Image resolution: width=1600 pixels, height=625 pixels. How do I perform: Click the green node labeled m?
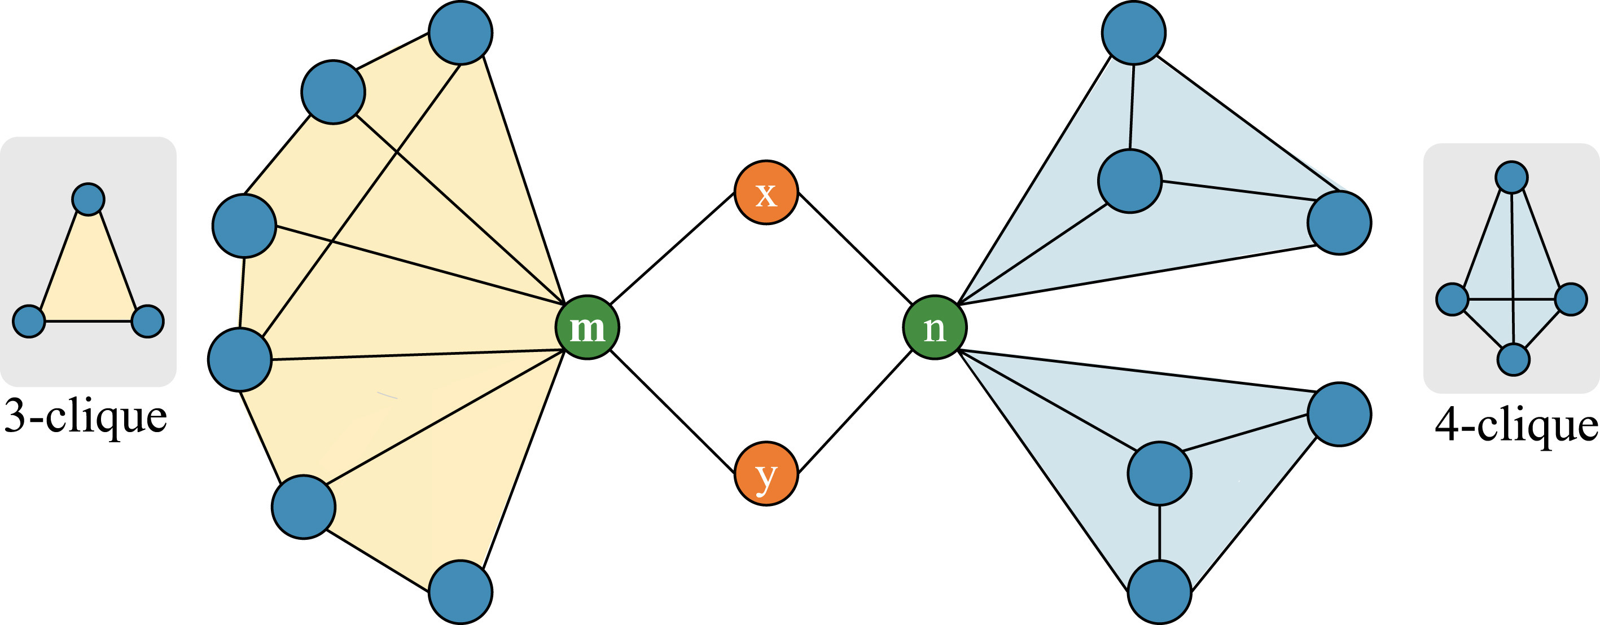click(x=587, y=327)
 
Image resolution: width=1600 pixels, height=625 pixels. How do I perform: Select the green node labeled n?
click(x=934, y=327)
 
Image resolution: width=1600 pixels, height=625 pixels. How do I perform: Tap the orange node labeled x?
click(x=766, y=192)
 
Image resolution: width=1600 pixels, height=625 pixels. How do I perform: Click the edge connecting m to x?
click(x=673, y=249)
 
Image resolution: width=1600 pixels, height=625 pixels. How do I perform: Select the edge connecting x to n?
click(x=854, y=249)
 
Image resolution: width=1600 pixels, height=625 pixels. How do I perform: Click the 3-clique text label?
click(x=86, y=417)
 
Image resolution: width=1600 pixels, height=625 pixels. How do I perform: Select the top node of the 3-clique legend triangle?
click(x=88, y=199)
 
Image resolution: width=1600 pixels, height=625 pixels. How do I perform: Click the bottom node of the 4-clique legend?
click(x=1513, y=359)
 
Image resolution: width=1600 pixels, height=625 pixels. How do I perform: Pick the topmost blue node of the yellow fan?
click(x=461, y=32)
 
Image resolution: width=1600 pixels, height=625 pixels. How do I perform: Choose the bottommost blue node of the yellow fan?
click(x=461, y=592)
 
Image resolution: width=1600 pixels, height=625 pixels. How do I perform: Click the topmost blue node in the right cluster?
click(x=1133, y=32)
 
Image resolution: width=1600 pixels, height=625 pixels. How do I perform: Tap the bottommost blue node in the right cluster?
click(x=1159, y=592)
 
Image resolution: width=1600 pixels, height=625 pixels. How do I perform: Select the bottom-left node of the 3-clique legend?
click(x=29, y=321)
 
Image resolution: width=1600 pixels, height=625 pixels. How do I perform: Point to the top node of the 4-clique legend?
click(x=1511, y=178)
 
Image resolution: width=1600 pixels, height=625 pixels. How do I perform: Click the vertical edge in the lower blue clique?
click(x=1159, y=532)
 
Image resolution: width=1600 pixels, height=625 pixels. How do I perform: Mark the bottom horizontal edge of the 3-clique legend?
click(x=88, y=321)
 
